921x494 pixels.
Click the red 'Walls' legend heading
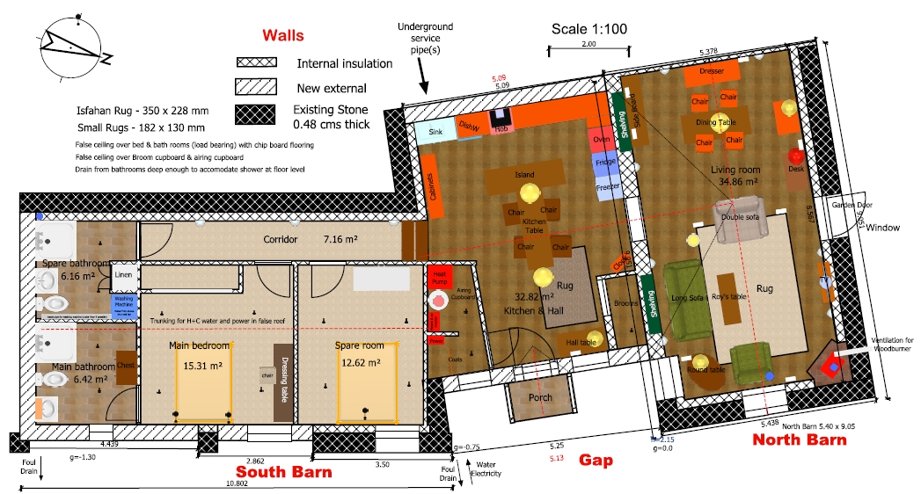[x=282, y=36]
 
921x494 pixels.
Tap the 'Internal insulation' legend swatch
[x=255, y=63]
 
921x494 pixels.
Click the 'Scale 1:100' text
[x=588, y=29]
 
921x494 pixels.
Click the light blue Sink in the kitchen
[x=434, y=133]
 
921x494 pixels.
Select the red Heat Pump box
[x=439, y=277]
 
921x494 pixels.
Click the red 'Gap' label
[x=595, y=460]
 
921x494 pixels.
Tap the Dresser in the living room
[x=710, y=71]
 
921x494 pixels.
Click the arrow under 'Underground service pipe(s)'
[x=422, y=80]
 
